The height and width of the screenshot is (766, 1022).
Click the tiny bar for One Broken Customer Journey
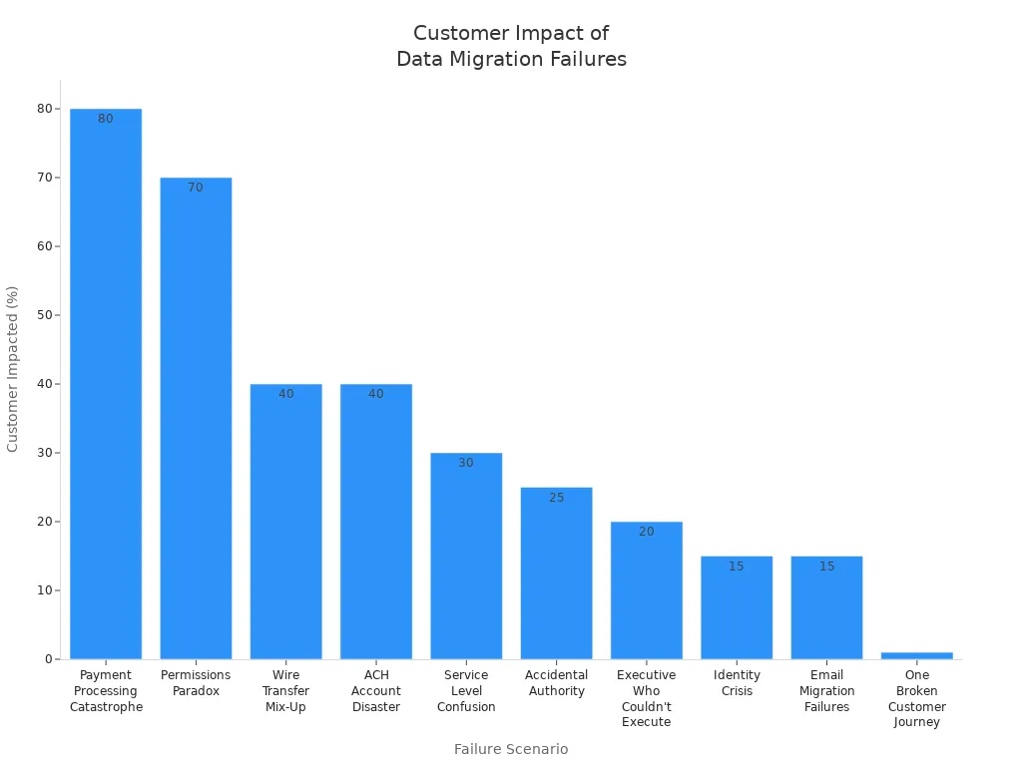916,655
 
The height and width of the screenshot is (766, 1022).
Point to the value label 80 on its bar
106,119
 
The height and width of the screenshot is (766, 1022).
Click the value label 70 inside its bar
196,188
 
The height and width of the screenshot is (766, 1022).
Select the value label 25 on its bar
556,498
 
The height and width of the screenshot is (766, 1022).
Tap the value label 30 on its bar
466,463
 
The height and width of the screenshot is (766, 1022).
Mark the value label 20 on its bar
646,532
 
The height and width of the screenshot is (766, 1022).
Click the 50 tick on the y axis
45,315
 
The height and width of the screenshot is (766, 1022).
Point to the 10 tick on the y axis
45,590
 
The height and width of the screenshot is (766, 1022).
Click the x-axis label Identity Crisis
737,683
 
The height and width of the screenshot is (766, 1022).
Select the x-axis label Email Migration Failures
826,691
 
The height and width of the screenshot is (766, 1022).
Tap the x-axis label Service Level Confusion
466,691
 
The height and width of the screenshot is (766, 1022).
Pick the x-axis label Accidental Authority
556,683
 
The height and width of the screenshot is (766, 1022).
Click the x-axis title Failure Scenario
511,749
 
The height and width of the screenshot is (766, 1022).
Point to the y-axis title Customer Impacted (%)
13,369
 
